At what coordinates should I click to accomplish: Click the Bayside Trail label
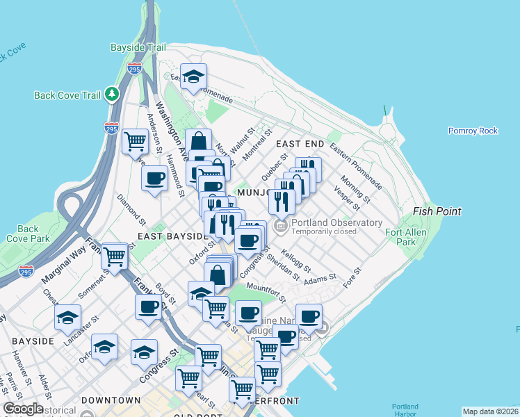pyautogui.click(x=138, y=47)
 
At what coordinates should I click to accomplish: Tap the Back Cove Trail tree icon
pyautogui.click(x=112, y=94)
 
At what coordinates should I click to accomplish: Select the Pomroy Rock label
pyautogui.click(x=473, y=131)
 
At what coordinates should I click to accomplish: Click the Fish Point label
pyautogui.click(x=437, y=211)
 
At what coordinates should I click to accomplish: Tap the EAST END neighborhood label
pyautogui.click(x=300, y=144)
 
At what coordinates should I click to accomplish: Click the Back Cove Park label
pyautogui.click(x=28, y=234)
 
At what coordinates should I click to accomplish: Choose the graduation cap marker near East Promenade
pyautogui.click(x=193, y=76)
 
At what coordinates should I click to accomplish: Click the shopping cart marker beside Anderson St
pyautogui.click(x=135, y=141)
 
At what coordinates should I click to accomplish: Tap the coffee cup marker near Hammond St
pyautogui.click(x=154, y=177)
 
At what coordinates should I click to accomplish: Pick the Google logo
pyautogui.click(x=23, y=409)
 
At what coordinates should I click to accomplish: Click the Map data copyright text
pyautogui.click(x=490, y=411)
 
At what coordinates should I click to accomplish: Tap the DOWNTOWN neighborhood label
pyautogui.click(x=111, y=401)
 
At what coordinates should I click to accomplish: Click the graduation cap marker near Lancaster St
pyautogui.click(x=67, y=317)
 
